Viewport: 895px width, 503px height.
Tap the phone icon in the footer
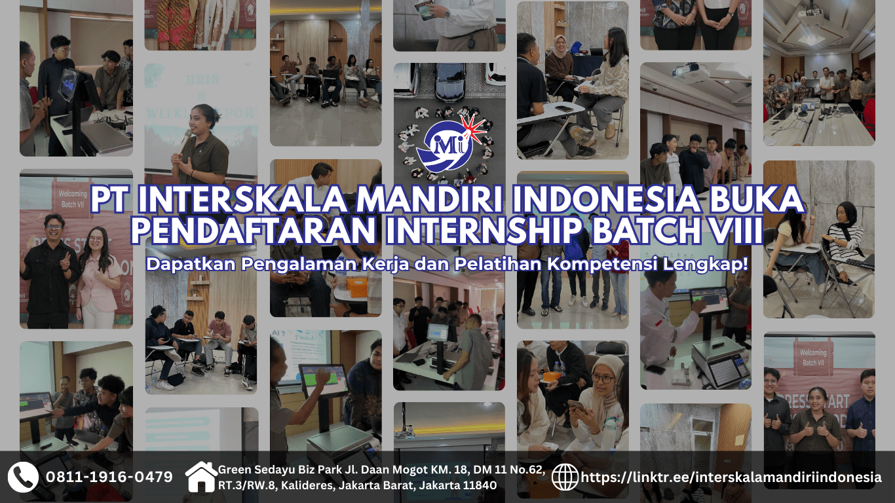click(23, 477)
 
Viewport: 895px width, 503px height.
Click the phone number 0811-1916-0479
click(109, 477)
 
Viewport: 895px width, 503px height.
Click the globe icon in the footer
click(565, 477)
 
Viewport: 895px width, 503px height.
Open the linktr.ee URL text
click(731, 477)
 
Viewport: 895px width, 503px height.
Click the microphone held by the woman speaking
click(186, 136)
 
